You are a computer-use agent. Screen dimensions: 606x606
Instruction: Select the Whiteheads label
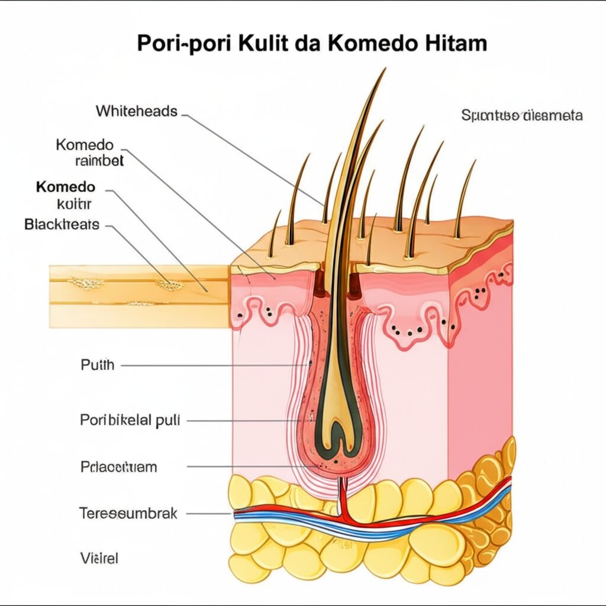136,111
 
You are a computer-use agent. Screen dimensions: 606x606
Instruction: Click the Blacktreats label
62,225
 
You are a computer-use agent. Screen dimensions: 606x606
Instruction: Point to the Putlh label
97,365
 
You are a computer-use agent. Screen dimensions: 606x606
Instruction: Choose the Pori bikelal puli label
129,420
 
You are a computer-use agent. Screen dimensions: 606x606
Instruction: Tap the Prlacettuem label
118,466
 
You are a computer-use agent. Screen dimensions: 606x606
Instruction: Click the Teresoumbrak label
128,512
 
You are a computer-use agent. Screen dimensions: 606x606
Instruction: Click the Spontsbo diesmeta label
521,115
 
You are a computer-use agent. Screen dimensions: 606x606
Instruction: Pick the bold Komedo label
65,187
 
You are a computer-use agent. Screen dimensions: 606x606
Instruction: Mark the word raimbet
99,160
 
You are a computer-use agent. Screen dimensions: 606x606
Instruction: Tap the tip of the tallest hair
384,70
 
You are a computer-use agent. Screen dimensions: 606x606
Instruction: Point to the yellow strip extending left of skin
139,296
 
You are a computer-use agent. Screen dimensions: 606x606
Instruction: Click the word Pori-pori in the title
183,44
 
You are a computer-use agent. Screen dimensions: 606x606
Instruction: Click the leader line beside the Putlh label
213,365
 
